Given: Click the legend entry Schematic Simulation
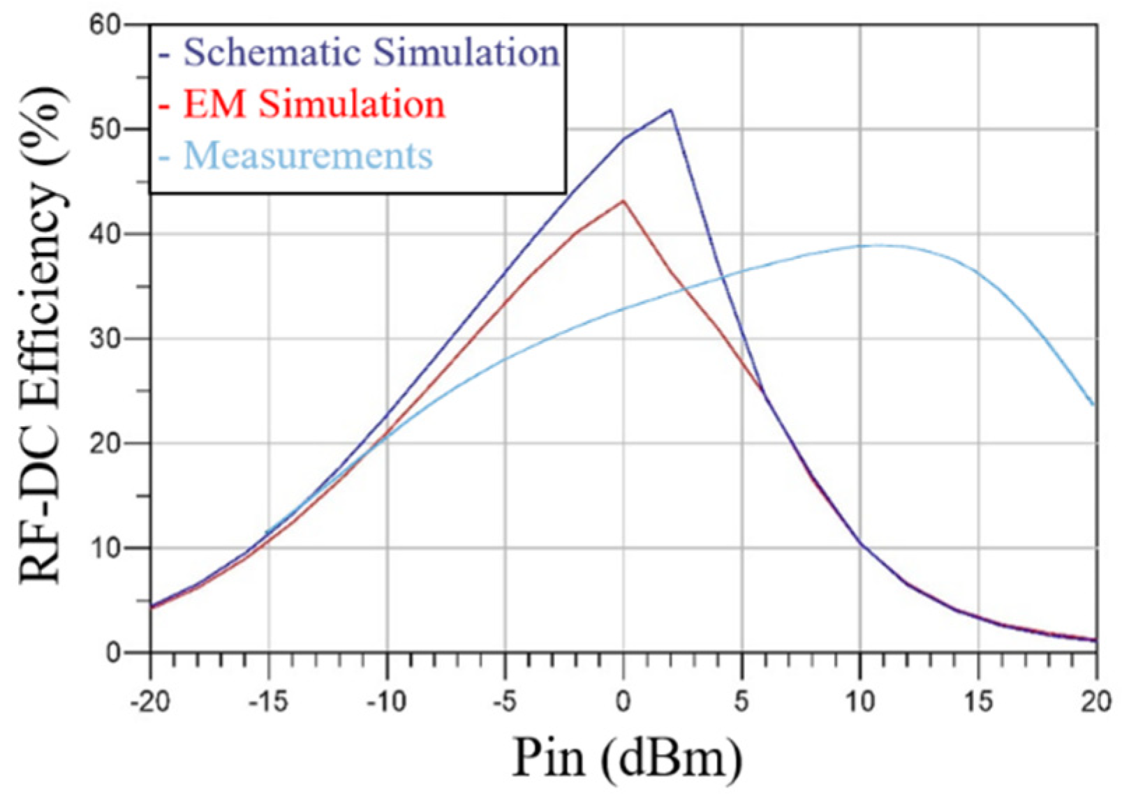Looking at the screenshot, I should click(370, 52).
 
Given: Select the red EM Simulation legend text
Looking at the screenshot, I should click(313, 104).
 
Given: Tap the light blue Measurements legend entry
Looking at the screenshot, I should click(307, 155).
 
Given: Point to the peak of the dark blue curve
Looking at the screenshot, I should click(671, 110).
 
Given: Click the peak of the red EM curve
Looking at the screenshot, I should click(623, 201).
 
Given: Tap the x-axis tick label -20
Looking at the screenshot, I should click(150, 701).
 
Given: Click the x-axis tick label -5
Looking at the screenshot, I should click(505, 701).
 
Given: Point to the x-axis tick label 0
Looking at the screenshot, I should click(623, 701).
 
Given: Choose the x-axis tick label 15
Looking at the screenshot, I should click(978, 701).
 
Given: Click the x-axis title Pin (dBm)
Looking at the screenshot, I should click(626, 758).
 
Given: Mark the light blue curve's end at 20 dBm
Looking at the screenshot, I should click(1093, 405).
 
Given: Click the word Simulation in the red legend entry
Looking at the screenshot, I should click(351, 104).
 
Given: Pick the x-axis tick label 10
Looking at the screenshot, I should click(860, 701).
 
